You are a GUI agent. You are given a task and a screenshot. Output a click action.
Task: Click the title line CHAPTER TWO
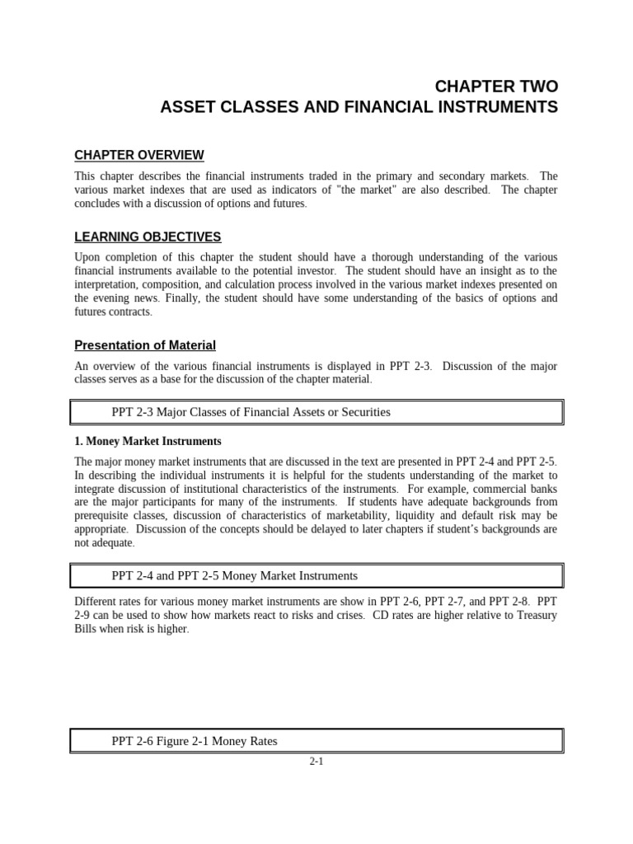pyautogui.click(x=496, y=87)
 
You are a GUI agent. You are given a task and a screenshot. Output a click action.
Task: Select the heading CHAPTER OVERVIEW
pyautogui.click(x=139, y=155)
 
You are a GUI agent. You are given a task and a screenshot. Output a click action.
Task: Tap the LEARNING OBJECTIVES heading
pyautogui.click(x=148, y=237)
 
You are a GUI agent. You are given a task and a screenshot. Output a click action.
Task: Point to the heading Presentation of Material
pyautogui.click(x=145, y=345)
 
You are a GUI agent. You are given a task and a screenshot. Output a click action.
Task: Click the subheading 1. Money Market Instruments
pyautogui.click(x=148, y=441)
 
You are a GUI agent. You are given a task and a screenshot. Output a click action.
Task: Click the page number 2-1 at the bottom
pyautogui.click(x=316, y=762)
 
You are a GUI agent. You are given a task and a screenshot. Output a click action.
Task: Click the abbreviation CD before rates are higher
pyautogui.click(x=380, y=615)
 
